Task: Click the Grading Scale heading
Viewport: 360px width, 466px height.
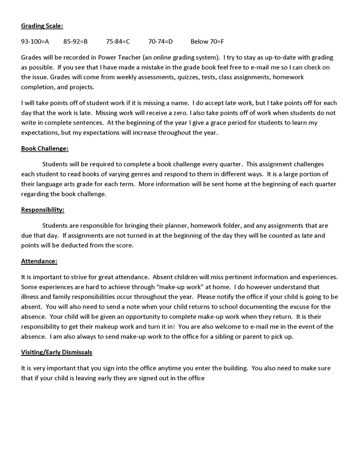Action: [42, 25]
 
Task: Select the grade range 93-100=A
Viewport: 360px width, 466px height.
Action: [35, 41]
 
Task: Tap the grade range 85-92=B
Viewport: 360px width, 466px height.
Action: [76, 41]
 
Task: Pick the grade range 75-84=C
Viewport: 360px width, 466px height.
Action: [118, 41]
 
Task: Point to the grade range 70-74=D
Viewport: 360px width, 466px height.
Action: [160, 41]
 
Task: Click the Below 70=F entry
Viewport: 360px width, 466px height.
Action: [207, 41]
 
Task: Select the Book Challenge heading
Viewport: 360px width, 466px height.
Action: [45, 149]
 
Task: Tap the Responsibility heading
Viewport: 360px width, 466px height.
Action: [43, 209]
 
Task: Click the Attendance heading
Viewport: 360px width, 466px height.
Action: [39, 261]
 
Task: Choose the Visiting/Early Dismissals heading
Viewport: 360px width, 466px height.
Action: [57, 352]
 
